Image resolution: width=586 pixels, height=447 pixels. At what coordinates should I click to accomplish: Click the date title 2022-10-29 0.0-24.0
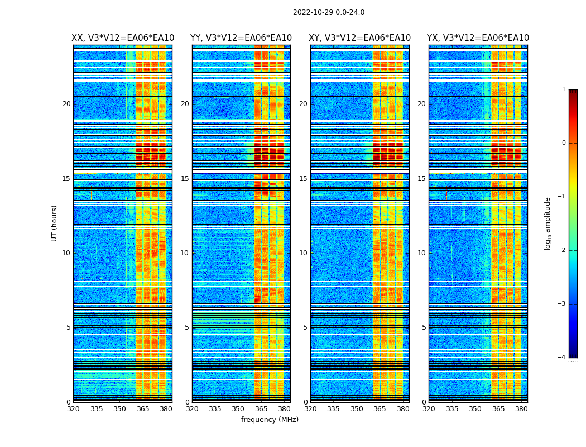(329, 12)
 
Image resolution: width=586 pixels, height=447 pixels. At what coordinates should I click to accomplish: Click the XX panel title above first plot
(123, 38)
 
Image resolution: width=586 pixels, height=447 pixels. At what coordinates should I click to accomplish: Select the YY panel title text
(241, 38)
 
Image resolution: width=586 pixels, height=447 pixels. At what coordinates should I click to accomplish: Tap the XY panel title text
(360, 38)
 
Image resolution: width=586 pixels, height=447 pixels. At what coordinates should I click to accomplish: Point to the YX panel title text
(478, 38)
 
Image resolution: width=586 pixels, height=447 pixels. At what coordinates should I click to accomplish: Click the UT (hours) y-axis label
(54, 223)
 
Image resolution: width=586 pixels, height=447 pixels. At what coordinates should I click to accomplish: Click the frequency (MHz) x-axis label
(270, 420)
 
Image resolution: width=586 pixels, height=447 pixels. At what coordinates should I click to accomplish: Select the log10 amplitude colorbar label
(548, 223)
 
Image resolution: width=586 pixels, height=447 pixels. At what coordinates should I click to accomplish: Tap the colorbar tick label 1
(564, 89)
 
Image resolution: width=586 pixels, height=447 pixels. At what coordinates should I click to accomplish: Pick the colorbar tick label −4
(562, 358)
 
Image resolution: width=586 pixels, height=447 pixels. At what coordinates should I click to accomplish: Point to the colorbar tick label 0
(564, 143)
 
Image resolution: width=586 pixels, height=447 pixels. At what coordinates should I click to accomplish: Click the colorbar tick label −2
(562, 250)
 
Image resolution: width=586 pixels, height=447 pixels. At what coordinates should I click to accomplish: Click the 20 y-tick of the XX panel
(66, 104)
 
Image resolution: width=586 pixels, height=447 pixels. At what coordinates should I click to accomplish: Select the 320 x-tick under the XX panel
(73, 409)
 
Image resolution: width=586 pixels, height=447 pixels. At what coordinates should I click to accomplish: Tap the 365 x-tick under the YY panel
(261, 409)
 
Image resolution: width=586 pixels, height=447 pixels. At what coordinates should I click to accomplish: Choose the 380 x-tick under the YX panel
(521, 409)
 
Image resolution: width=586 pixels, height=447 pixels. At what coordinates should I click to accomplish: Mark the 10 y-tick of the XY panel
(303, 253)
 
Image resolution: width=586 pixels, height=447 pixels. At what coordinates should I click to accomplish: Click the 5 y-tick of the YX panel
(424, 327)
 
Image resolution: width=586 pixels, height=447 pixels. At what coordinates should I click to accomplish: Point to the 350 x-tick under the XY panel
(357, 409)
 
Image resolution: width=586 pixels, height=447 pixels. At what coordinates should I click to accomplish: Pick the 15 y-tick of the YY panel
(185, 179)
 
